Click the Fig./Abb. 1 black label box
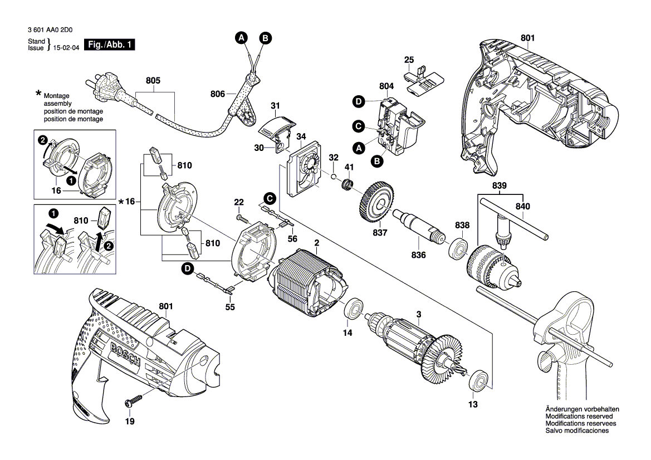(109, 45)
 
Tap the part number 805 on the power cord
(153, 81)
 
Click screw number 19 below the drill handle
(134, 400)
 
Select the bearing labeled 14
(353, 309)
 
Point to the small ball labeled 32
(332, 177)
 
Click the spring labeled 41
(349, 184)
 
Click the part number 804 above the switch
(386, 86)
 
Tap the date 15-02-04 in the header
(66, 49)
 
